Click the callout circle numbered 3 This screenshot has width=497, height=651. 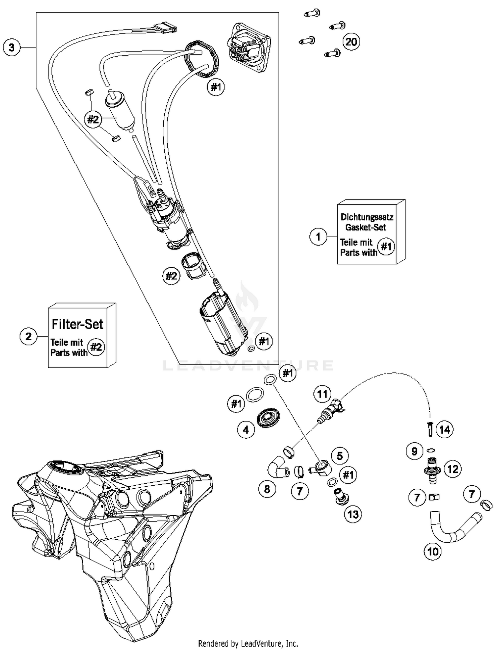(x=12, y=47)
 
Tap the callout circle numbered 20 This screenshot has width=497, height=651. (x=351, y=42)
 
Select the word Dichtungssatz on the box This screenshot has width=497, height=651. (x=367, y=217)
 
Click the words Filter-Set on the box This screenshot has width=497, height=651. (x=78, y=324)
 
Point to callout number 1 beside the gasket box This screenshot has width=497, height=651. (x=318, y=237)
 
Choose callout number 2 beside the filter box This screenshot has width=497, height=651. (x=28, y=336)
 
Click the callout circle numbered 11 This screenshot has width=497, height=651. (x=322, y=394)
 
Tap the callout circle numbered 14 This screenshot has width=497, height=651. (x=444, y=430)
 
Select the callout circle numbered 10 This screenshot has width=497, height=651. (x=433, y=552)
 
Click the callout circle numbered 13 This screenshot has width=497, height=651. (x=353, y=514)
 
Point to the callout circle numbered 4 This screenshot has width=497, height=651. (x=246, y=430)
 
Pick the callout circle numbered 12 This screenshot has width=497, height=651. (x=453, y=469)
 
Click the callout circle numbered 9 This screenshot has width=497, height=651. (x=414, y=451)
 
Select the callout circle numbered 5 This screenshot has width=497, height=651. (x=340, y=456)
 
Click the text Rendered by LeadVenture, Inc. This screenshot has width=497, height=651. (x=248, y=643)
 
